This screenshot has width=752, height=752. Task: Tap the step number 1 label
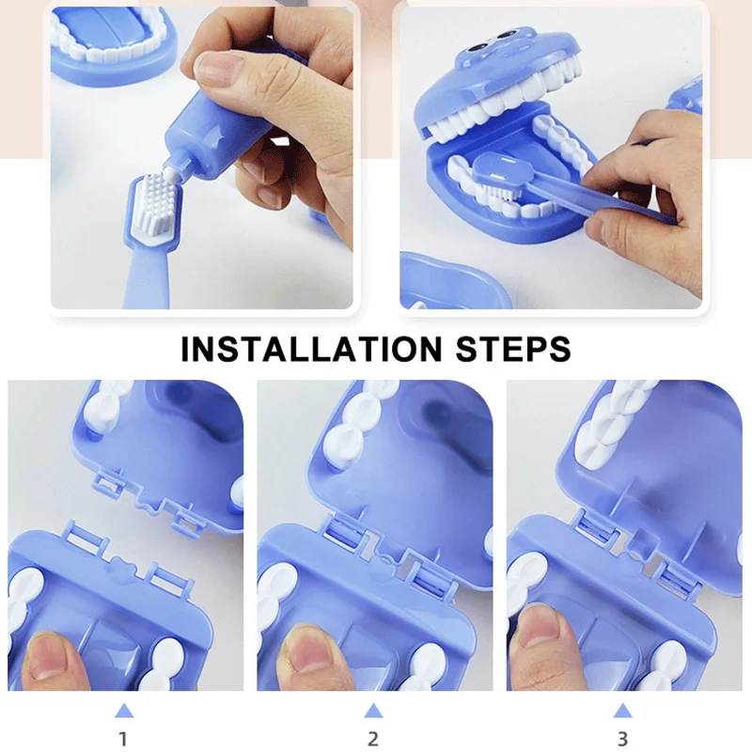pos(122,739)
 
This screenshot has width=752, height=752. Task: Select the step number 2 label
pos(373,739)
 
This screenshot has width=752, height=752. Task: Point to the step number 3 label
pos(623,739)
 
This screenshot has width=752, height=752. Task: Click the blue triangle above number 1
pos(122,711)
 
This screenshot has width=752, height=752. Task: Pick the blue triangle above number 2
pos(373,711)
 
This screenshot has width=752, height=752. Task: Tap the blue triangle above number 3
pos(623,711)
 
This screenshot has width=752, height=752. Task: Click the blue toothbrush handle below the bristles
pos(147,273)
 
